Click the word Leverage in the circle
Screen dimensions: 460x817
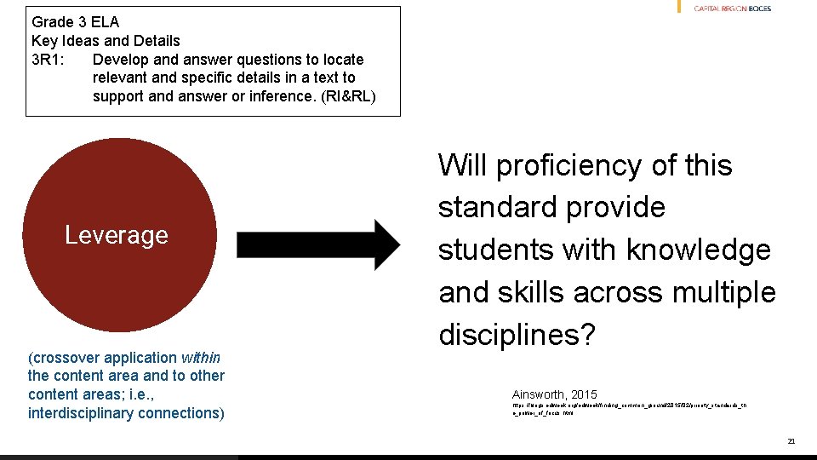tap(117, 235)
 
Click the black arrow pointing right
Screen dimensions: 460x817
tap(317, 245)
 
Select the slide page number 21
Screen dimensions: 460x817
tap(791, 441)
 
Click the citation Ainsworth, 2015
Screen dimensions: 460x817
tap(554, 394)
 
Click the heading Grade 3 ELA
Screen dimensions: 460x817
tap(75, 22)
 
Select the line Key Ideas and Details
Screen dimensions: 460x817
tap(106, 41)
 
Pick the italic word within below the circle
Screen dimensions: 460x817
tap(201, 358)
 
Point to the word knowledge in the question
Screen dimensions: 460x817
tap(698, 250)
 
